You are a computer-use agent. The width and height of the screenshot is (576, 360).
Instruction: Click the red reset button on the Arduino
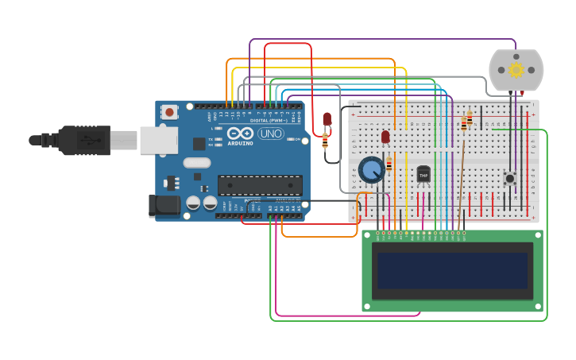[x=169, y=112]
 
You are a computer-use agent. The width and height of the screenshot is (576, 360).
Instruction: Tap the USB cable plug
[x=83, y=140]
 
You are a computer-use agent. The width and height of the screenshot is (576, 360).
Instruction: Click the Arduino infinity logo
[x=240, y=133]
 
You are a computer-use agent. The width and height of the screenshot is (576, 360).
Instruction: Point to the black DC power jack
[x=164, y=206]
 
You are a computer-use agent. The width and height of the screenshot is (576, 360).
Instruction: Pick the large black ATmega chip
[x=260, y=185]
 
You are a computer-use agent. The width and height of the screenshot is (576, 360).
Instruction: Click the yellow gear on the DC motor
[x=516, y=70]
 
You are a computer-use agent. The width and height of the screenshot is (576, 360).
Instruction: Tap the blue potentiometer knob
[x=371, y=169]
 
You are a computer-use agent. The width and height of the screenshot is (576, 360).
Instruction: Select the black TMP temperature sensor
[x=423, y=173]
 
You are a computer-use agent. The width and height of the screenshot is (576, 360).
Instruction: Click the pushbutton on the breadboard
[x=510, y=178]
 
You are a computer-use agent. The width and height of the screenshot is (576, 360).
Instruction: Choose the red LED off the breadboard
[x=327, y=119]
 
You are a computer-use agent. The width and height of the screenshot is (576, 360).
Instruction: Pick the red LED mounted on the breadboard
[x=385, y=137]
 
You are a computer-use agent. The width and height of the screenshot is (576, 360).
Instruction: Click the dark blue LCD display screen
[x=452, y=270]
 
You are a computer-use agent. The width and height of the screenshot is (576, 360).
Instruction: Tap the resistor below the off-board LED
[x=325, y=141]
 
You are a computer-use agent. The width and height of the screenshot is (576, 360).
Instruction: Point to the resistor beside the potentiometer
[x=389, y=165]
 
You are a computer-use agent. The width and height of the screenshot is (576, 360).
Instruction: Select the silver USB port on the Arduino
[x=158, y=140]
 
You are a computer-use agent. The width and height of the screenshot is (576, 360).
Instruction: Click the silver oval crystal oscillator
[x=196, y=163]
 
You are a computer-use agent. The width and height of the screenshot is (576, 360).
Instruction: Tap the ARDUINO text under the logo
[x=240, y=143]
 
